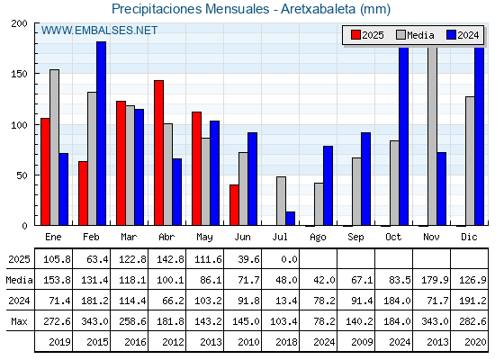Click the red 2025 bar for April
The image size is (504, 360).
(x=158, y=153)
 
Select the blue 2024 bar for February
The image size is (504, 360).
(x=101, y=133)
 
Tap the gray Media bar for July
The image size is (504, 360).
(x=281, y=201)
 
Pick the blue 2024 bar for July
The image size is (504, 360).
(x=290, y=219)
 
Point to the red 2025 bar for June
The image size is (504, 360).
(x=234, y=205)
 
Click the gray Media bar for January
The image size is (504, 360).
(x=54, y=148)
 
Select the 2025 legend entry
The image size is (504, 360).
(x=367, y=35)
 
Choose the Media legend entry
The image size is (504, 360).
(x=415, y=35)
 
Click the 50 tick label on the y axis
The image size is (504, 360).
(x=22, y=175)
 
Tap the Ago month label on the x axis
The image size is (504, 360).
(x=318, y=238)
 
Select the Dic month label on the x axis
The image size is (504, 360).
(x=469, y=237)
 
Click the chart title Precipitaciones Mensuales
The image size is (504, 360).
(x=190, y=9)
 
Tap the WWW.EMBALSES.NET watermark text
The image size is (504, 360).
(x=99, y=31)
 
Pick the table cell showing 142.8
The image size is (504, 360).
(x=170, y=259)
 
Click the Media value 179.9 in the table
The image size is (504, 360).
(x=435, y=280)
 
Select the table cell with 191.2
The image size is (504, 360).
(x=472, y=301)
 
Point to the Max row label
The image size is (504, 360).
(x=19, y=321)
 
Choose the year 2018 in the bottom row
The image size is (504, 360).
(x=286, y=342)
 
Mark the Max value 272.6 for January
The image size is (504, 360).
(x=57, y=321)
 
